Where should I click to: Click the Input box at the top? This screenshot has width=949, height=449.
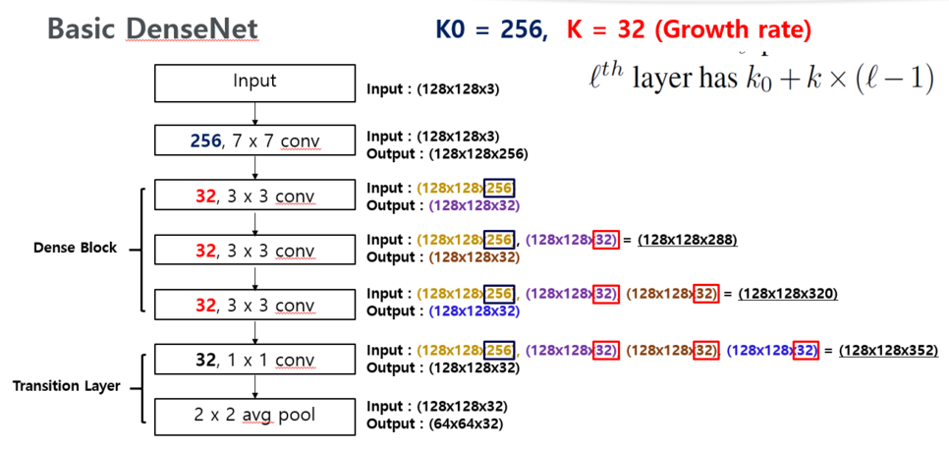254,82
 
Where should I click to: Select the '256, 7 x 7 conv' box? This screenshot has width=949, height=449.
254,141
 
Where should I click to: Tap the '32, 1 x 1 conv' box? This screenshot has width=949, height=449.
254,361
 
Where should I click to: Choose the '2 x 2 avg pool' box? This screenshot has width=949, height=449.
254,415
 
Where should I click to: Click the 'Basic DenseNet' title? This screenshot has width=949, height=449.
152,29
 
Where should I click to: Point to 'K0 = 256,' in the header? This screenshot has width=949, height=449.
491,30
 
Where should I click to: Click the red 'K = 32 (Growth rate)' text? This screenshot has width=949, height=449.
689,30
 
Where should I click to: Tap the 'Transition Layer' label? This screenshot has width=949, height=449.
66,386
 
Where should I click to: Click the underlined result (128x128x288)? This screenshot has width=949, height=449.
687,240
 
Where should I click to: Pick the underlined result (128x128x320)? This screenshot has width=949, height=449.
788,294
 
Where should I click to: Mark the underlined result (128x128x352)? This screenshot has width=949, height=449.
888,351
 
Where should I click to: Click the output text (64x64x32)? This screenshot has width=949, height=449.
467,423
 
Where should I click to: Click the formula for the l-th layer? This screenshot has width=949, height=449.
755,80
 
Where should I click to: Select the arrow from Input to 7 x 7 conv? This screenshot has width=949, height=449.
254,113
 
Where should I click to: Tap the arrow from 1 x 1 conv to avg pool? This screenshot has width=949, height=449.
254,387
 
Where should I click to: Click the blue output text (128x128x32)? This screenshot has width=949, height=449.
474,311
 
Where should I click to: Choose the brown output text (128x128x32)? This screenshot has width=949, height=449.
474,257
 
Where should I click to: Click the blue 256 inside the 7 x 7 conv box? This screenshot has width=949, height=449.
204,141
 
